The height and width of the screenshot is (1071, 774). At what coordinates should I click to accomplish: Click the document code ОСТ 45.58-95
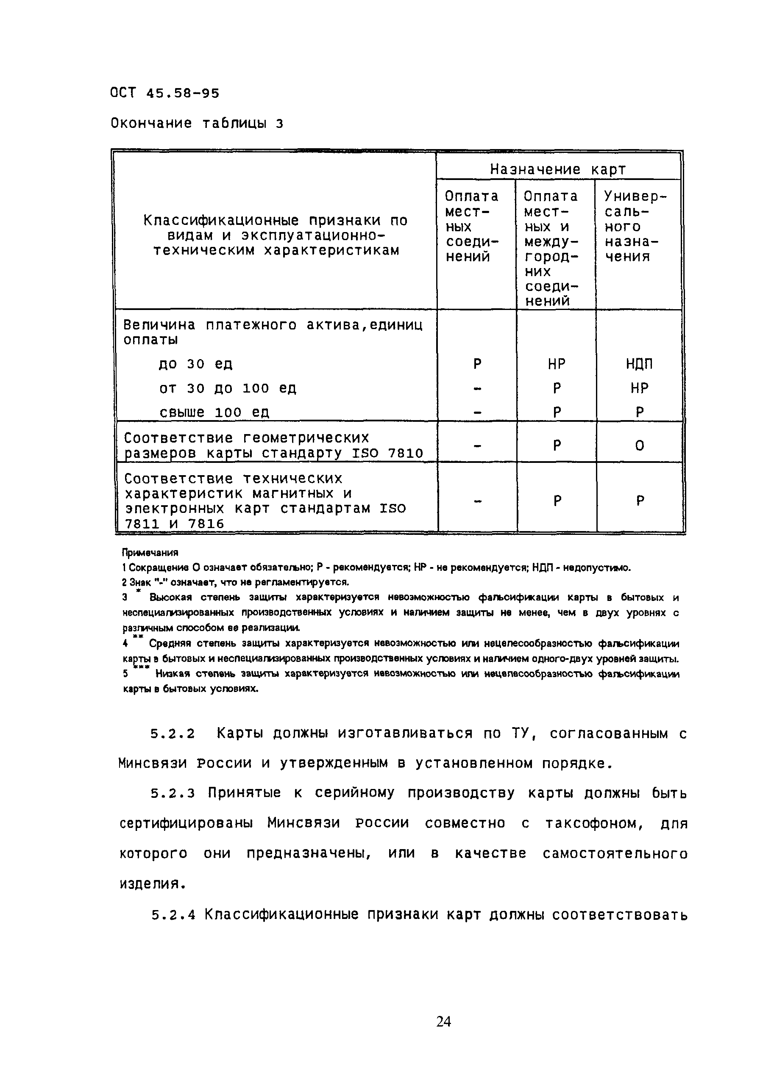pyautogui.click(x=164, y=93)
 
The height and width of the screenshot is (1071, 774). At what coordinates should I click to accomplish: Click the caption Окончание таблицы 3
pyautogui.click(x=197, y=123)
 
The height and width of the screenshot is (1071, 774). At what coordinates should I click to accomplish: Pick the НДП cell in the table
pyautogui.click(x=639, y=364)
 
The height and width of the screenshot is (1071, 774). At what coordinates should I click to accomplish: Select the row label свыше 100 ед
pyautogui.click(x=214, y=412)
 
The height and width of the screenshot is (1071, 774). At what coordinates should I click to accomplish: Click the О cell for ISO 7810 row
pyautogui.click(x=639, y=446)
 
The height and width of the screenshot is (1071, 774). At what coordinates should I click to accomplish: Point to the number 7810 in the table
pyautogui.click(x=405, y=453)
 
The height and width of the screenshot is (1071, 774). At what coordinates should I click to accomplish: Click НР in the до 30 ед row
pyautogui.click(x=557, y=364)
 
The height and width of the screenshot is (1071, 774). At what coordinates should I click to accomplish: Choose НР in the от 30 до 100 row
pyautogui.click(x=639, y=388)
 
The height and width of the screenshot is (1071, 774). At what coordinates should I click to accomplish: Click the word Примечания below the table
pyautogui.click(x=150, y=552)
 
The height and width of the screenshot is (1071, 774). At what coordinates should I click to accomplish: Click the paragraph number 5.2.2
pyautogui.click(x=173, y=734)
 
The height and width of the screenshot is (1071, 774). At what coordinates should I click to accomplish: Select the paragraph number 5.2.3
pyautogui.click(x=173, y=793)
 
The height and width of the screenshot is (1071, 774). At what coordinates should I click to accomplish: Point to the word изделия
pyautogui.click(x=151, y=884)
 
